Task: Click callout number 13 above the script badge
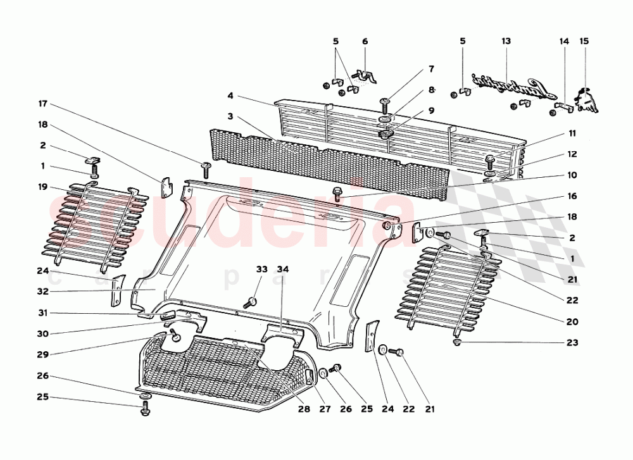coord(506,41)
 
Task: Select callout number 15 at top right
coord(584,41)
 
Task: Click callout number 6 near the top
coord(365,41)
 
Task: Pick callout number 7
coord(431,68)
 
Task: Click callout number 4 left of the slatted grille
coord(231,96)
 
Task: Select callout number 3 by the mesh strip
coord(231,117)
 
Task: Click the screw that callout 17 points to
coord(205,168)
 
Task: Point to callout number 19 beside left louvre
coord(42,187)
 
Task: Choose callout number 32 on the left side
coord(42,292)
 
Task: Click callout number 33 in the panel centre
coord(261,269)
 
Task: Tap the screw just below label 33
coord(251,301)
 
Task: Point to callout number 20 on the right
coord(572,321)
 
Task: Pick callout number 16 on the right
coord(572,196)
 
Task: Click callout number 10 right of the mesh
coord(572,175)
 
